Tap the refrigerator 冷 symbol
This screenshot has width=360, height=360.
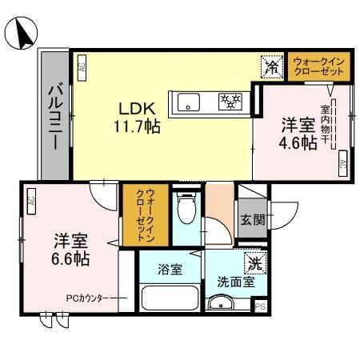point(273,67)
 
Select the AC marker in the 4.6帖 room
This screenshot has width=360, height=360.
point(342,163)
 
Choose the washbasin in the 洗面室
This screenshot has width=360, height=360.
point(219,304)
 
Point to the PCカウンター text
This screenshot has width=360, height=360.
point(87,298)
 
